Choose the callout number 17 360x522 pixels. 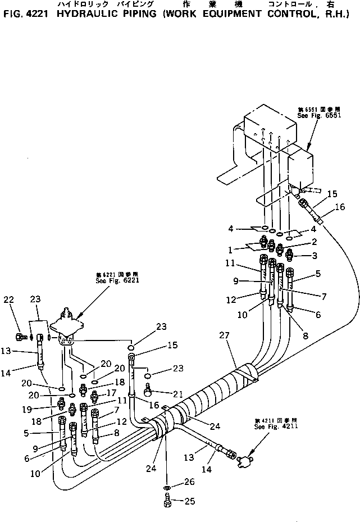(x=111, y=393)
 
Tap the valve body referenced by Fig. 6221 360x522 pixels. (x=68, y=327)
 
